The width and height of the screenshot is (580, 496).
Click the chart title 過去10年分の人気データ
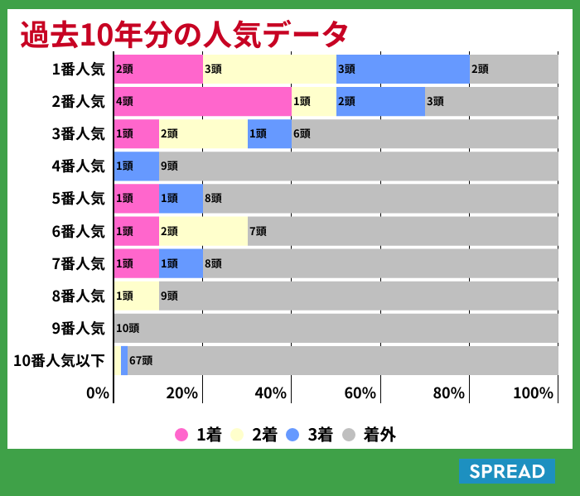tap(184, 34)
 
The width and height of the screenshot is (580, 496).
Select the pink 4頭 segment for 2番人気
tap(203, 101)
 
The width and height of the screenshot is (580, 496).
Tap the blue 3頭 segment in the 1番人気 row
tap(403, 69)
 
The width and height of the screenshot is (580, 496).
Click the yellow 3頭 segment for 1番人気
tap(269, 69)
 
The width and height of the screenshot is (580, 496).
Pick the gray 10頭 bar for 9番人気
tap(336, 328)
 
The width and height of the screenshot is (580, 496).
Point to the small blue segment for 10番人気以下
tap(124, 360)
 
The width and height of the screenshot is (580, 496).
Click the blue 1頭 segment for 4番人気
tap(137, 166)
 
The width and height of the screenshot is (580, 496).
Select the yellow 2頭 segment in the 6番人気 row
tap(203, 231)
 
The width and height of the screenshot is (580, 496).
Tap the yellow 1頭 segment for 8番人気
tap(137, 296)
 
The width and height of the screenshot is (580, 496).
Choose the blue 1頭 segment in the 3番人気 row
tap(269, 133)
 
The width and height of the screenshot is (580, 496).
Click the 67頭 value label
tap(141, 360)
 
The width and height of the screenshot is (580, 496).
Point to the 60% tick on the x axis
tap(360, 392)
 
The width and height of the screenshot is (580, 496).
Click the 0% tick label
tap(98, 392)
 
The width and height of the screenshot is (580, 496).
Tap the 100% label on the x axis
tap(533, 392)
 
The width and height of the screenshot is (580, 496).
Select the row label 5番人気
tap(79, 199)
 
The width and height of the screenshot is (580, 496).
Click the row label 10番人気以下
tap(60, 361)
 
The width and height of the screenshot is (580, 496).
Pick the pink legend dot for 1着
tap(181, 435)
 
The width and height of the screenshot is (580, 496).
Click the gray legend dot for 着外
tap(349, 435)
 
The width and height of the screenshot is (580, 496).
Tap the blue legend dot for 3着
tap(292, 435)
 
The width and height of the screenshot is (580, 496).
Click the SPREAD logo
tap(507, 471)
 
